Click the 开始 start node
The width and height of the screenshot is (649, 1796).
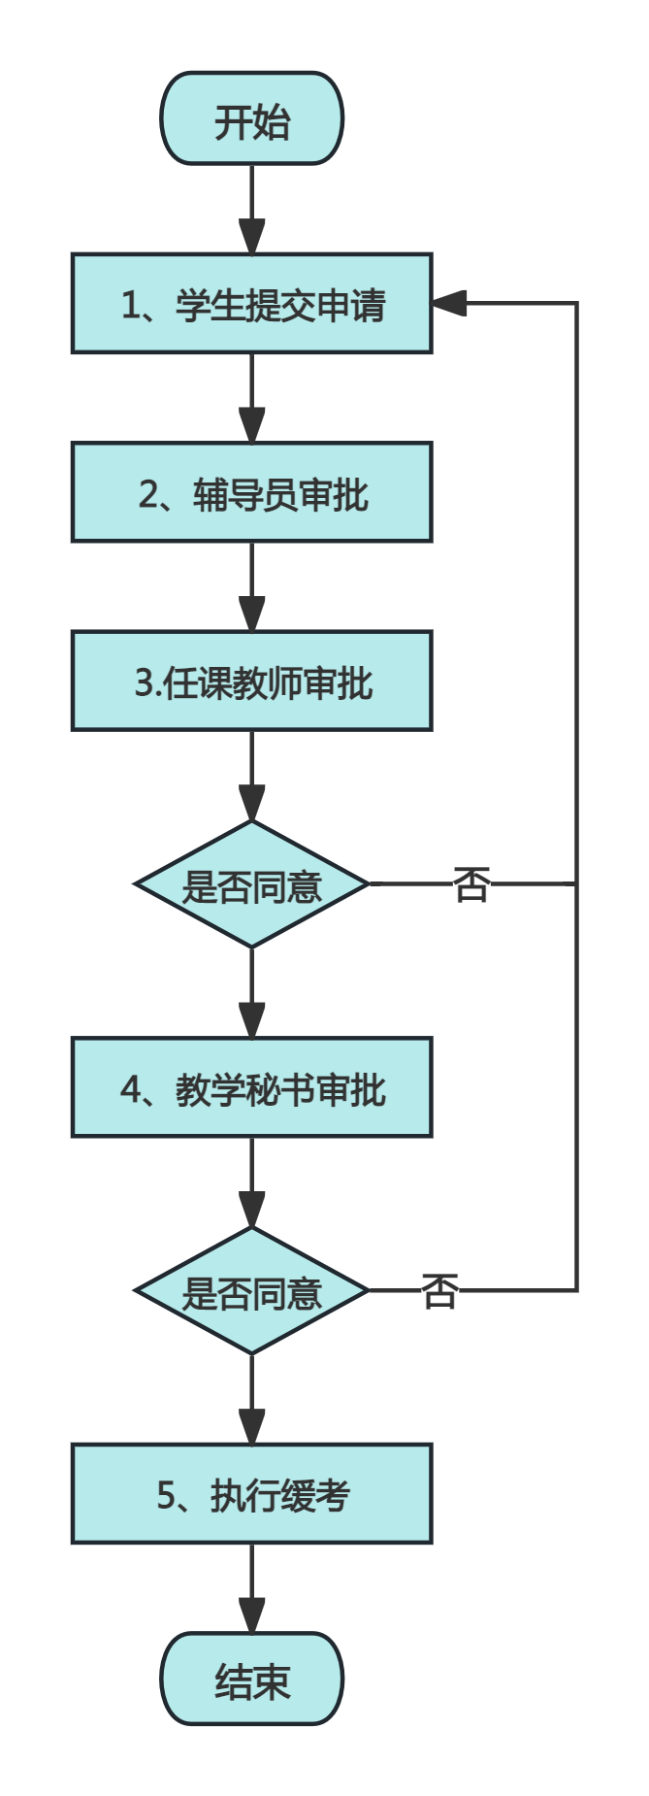tap(252, 118)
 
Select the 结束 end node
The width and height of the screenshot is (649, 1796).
tap(252, 1679)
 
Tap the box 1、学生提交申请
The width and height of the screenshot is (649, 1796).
tap(252, 304)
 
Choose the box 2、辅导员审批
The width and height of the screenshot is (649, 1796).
tap(252, 492)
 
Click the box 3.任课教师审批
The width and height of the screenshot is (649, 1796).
tap(252, 681)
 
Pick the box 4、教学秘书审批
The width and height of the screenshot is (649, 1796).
tap(252, 1087)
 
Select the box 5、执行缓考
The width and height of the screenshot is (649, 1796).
tap(252, 1493)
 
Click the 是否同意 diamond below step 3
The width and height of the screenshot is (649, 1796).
tap(252, 884)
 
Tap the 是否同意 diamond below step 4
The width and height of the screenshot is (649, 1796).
tap(252, 1291)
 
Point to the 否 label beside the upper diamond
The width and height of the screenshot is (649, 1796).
tap(471, 884)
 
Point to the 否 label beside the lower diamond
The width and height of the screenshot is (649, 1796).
tap(439, 1291)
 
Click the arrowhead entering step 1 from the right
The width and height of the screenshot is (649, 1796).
tap(449, 303)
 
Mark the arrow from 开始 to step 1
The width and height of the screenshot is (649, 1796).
tap(252, 210)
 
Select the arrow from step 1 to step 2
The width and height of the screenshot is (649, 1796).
tap(252, 398)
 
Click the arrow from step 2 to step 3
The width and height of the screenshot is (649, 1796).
tap(252, 586)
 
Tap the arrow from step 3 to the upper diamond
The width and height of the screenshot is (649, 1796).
tap(252, 776)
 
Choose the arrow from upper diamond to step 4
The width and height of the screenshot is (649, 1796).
tap(252, 992)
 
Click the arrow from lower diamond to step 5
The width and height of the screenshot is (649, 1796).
tap(252, 1399)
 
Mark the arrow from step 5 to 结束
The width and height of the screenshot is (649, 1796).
tap(252, 1588)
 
